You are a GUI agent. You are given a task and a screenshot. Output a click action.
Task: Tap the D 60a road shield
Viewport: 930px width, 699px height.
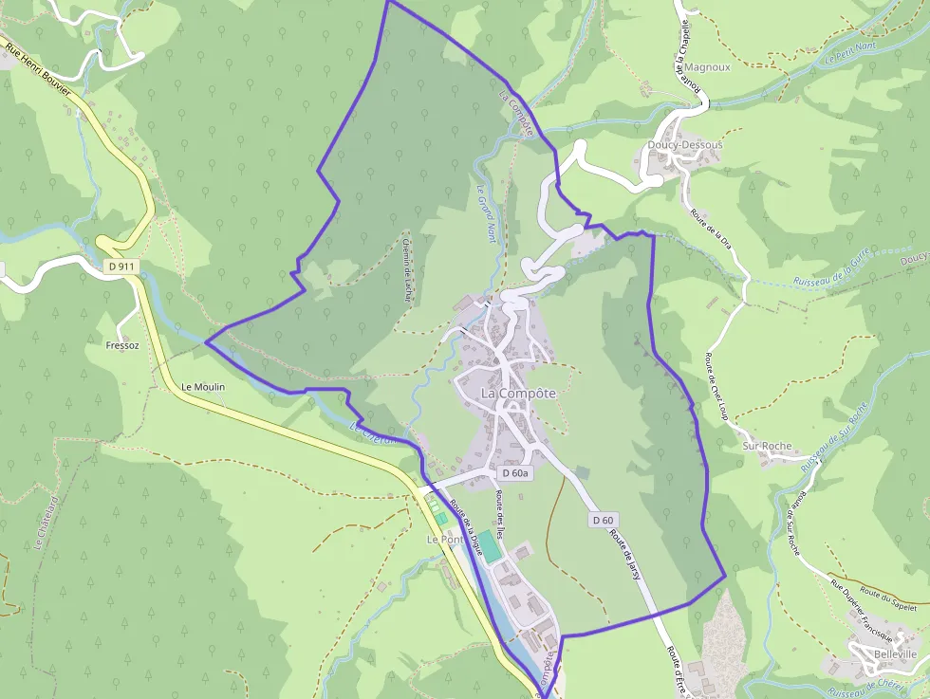click(516, 472)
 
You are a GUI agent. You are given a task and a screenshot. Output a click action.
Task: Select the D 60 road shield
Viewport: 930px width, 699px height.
click(604, 519)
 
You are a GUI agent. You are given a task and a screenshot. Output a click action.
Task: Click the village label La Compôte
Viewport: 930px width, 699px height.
click(518, 393)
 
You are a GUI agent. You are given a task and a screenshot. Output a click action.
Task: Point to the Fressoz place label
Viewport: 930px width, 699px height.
click(123, 345)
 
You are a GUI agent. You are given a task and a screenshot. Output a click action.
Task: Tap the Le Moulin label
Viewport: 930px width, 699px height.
click(203, 387)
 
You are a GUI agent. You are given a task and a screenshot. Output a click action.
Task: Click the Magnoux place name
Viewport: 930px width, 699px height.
click(707, 68)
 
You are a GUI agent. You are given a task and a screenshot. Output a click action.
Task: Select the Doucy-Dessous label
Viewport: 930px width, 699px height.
click(684, 144)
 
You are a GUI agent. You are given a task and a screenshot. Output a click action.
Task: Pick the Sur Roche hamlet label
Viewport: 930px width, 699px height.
click(767, 446)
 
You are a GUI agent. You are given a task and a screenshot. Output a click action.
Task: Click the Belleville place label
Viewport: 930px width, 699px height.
click(895, 654)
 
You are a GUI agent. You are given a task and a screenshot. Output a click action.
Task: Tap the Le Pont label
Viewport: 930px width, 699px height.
click(443, 539)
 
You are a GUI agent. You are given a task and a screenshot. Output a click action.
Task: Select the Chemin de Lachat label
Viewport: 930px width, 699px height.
click(406, 265)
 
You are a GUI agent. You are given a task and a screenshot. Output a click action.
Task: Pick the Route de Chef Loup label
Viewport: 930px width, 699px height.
click(716, 389)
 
